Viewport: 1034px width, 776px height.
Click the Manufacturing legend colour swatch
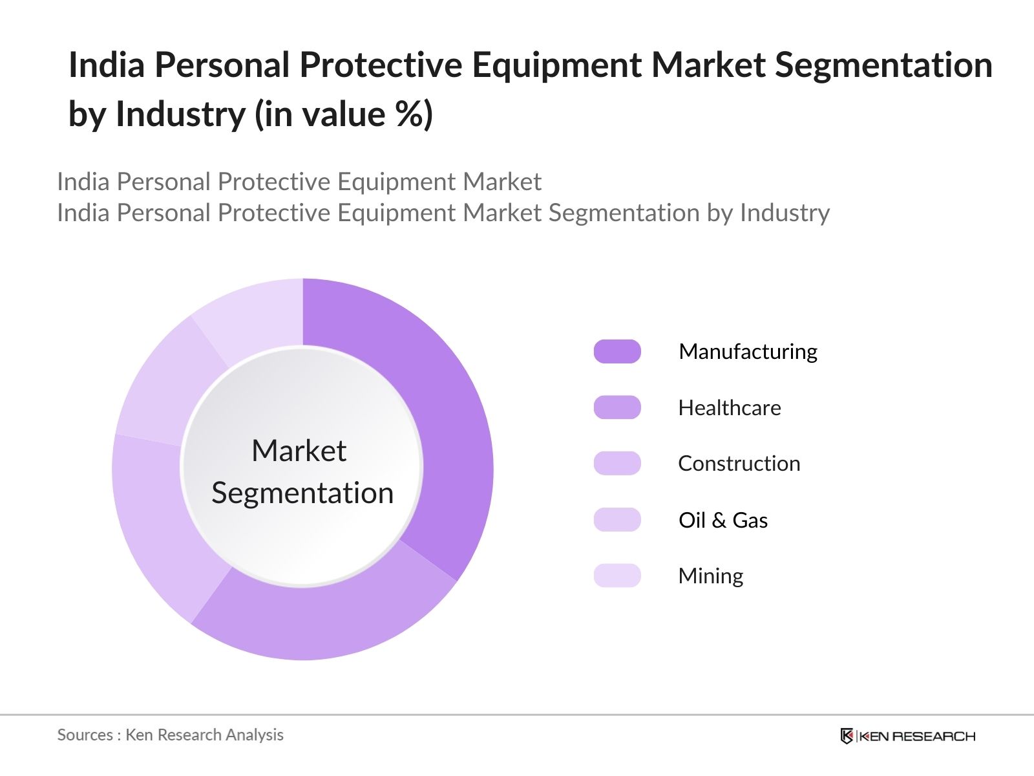tap(617, 351)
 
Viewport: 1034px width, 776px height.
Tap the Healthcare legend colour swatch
tap(617, 407)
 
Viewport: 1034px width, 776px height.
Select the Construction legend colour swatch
tap(617, 464)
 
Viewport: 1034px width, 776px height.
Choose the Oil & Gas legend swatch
tap(617, 520)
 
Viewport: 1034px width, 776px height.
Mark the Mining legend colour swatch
tap(617, 576)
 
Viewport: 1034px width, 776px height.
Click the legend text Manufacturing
tap(748, 351)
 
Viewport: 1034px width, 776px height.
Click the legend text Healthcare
tap(730, 407)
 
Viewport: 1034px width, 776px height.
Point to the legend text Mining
tap(710, 576)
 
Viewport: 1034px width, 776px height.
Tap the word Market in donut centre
tap(299, 451)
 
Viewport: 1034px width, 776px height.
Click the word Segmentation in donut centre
tap(302, 493)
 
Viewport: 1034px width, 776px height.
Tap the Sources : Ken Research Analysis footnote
tap(170, 735)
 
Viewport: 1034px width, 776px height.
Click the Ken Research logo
tap(907, 736)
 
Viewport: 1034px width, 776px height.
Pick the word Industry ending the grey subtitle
tap(785, 213)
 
